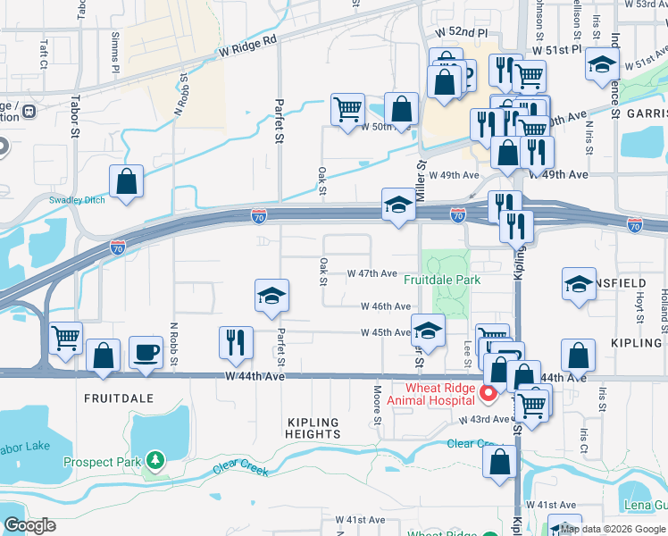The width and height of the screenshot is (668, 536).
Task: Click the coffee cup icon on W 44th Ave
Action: (146, 351)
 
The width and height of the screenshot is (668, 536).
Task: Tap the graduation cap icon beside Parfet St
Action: (271, 297)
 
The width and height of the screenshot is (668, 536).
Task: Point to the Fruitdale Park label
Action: (442, 280)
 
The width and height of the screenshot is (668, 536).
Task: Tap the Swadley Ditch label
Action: (77, 200)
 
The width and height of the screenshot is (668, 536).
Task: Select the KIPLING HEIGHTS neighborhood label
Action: (313, 428)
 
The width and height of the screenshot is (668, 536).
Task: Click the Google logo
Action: (29, 525)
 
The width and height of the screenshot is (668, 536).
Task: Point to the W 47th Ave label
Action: (372, 273)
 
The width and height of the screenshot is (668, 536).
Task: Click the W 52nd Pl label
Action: (462, 32)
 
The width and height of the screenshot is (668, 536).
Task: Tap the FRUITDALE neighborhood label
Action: (119, 398)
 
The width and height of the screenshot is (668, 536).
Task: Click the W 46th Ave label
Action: (386, 306)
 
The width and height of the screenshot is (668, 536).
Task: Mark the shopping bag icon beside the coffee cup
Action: (104, 356)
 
